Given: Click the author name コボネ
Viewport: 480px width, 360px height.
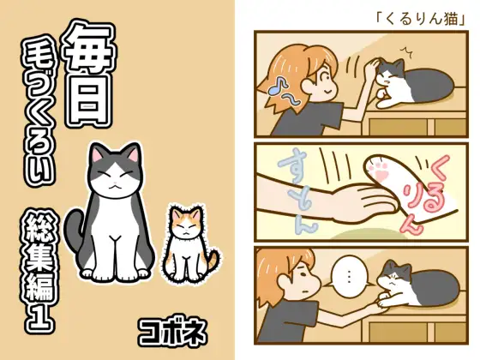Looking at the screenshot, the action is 173,333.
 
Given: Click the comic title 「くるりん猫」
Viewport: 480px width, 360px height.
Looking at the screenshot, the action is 421,19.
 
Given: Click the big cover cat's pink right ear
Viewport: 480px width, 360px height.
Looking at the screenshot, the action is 134,153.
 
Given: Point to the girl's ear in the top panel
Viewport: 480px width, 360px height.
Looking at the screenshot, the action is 308,85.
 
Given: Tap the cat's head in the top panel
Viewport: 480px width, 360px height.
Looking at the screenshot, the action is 388,75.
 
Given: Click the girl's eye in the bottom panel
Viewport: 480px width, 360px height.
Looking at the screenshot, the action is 302,274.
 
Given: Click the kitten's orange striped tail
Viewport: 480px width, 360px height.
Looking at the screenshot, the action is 213,261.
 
